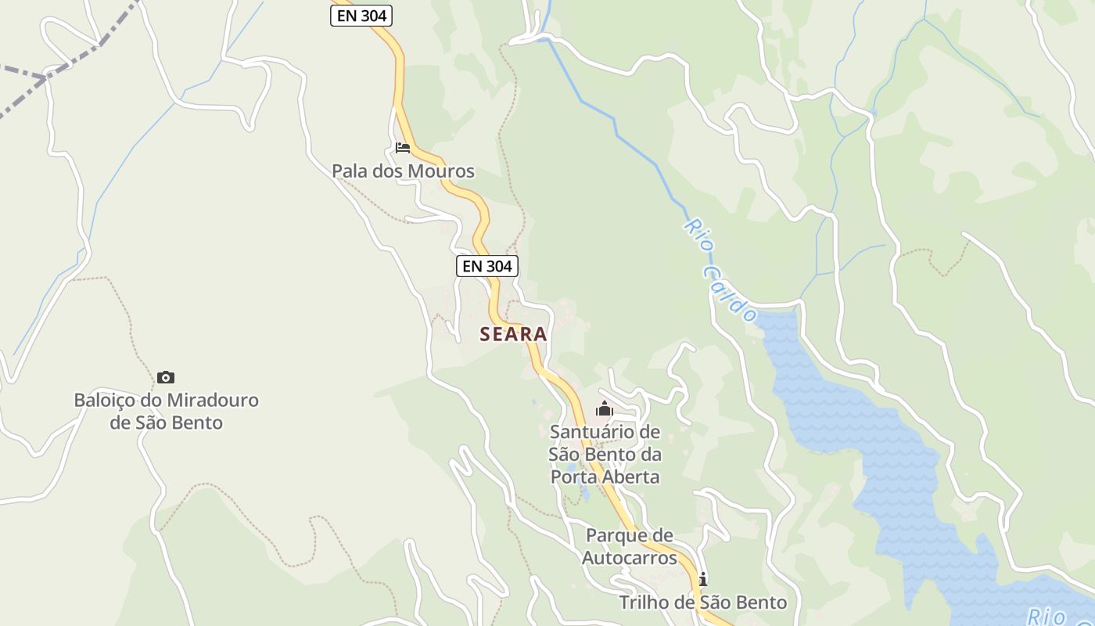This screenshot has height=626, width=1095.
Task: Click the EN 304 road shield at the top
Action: pyautogui.click(x=361, y=15)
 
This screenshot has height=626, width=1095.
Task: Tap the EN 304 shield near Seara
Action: pyautogui.click(x=486, y=266)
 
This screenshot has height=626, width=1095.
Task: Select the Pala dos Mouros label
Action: pyautogui.click(x=403, y=171)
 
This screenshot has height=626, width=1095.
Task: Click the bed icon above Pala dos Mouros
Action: pyautogui.click(x=403, y=147)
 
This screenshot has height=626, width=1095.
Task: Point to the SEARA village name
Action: pyautogui.click(x=513, y=334)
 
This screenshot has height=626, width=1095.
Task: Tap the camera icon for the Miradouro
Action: pyautogui.click(x=166, y=378)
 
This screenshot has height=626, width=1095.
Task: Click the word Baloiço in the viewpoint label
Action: pyautogui.click(x=103, y=401)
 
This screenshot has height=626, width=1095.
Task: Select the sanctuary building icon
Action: pyautogui.click(x=604, y=408)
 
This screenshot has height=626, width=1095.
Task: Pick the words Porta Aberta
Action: pyautogui.click(x=605, y=477)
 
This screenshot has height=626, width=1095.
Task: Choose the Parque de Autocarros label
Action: pyautogui.click(x=629, y=546)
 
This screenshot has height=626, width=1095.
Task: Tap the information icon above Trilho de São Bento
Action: pyautogui.click(x=702, y=579)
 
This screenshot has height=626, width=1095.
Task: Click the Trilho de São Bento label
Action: pyautogui.click(x=702, y=603)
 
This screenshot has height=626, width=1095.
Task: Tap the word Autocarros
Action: pyautogui.click(x=629, y=558)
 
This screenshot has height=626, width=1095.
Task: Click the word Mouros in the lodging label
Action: pyautogui.click(x=445, y=171)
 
